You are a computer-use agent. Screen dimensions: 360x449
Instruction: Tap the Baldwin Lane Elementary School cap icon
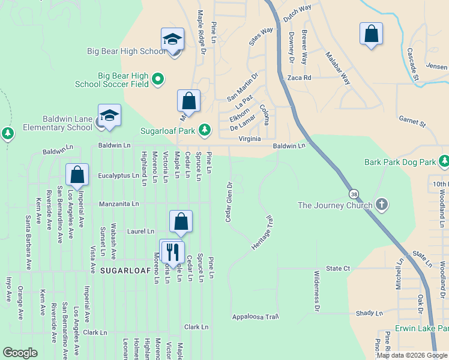(109, 115)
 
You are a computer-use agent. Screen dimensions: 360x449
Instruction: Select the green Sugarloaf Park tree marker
(205, 130)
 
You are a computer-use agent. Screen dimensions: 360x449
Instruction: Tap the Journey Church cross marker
(381, 205)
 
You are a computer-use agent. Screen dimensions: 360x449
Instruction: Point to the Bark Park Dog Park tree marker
(444, 161)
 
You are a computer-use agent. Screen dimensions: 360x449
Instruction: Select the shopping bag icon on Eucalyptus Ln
(77, 175)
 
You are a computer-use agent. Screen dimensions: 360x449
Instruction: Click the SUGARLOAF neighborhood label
(121, 271)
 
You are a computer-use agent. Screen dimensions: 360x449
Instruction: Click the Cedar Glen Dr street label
(228, 202)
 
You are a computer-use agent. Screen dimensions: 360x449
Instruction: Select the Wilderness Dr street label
(316, 291)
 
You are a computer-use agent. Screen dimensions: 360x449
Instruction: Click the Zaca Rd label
(299, 78)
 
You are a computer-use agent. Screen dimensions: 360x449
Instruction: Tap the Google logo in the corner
(20, 353)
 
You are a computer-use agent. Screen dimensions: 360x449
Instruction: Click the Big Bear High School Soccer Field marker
(157, 79)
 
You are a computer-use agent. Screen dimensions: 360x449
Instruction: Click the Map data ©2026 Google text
(411, 355)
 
